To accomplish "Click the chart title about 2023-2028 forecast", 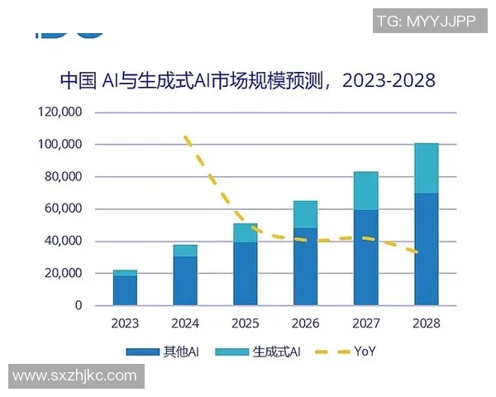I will click(x=247, y=80).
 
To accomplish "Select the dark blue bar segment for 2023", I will click(x=125, y=290).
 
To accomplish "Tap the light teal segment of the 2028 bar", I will click(x=427, y=168).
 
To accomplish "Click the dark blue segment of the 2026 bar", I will click(x=306, y=266).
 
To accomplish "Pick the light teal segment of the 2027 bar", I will click(x=366, y=191).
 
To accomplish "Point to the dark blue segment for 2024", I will click(x=185, y=280).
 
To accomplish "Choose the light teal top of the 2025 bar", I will click(x=246, y=232).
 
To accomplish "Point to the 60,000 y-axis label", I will click(x=63, y=208).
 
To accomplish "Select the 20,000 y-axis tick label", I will click(x=63, y=273).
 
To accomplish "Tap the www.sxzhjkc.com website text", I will click(x=74, y=375).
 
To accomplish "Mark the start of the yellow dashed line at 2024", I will click(x=186, y=137).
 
